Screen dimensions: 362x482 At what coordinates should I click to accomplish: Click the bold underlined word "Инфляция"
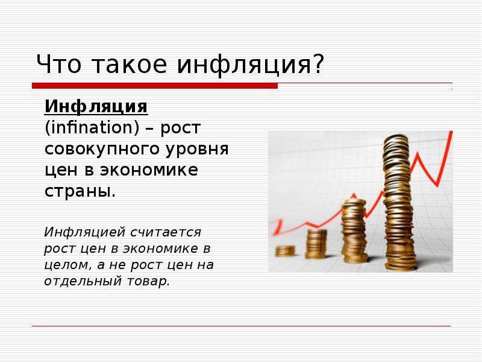point(96,107)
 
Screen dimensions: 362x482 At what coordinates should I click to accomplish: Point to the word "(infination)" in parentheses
point(82,129)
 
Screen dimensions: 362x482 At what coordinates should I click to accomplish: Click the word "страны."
point(79,192)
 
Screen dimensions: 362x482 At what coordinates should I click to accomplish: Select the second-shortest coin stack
point(316,243)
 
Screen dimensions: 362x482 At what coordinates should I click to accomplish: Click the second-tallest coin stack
point(353,232)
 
